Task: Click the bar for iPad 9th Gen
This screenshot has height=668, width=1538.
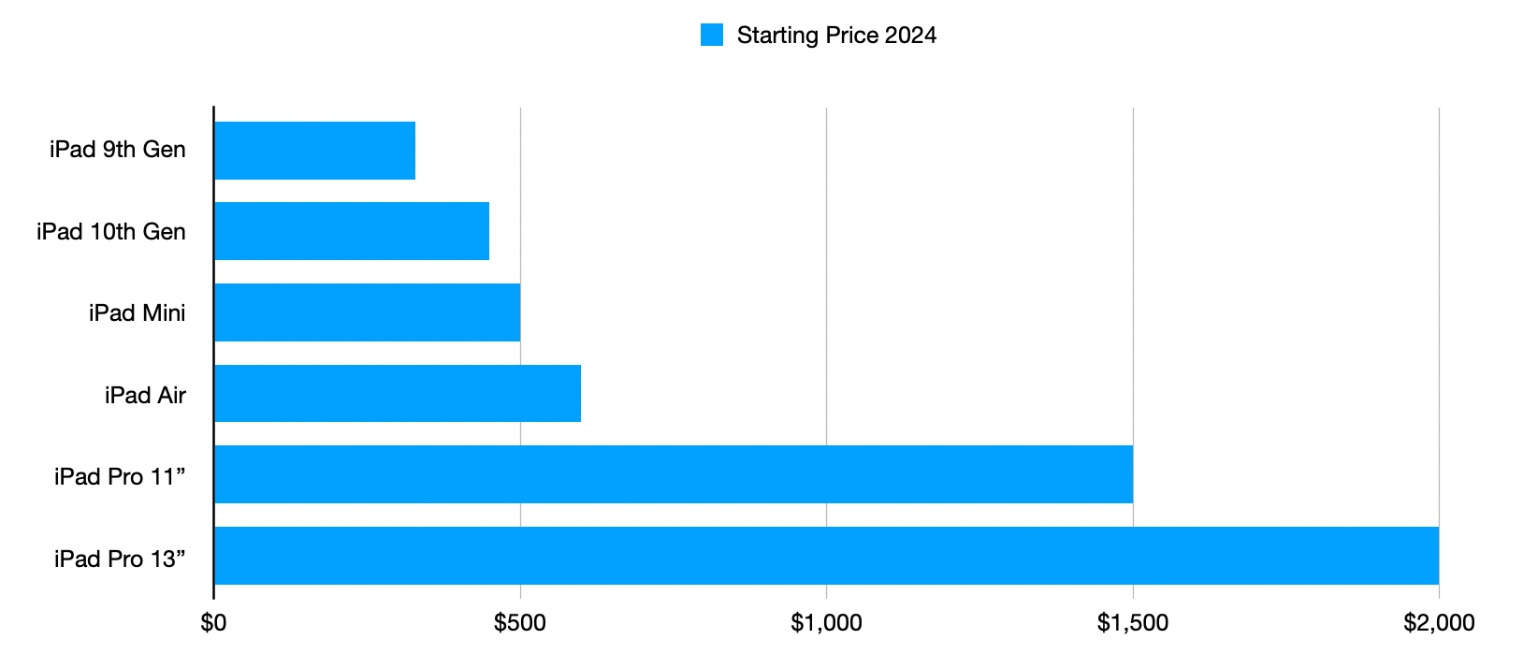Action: [315, 151]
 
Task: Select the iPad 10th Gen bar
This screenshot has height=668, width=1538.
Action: [353, 231]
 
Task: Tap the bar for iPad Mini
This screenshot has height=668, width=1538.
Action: [368, 312]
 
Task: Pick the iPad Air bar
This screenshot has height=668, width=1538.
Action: [398, 393]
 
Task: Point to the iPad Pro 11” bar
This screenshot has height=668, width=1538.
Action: [674, 474]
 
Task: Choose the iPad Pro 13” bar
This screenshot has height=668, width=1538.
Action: [827, 556]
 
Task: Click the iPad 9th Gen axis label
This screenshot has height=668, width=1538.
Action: [118, 150]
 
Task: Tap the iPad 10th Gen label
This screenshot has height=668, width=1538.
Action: [111, 232]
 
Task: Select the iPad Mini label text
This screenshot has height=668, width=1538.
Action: [138, 313]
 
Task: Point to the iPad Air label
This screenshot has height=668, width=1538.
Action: [146, 396]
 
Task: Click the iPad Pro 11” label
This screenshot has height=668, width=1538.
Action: [120, 476]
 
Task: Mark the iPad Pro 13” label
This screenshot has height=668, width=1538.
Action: [120, 559]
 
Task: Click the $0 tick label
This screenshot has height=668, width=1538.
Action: [213, 623]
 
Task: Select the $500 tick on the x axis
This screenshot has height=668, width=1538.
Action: [520, 623]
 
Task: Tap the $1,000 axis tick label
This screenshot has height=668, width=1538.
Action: [826, 623]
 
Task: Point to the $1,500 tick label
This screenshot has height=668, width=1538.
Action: [1132, 623]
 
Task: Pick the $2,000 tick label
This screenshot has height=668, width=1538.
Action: [1439, 623]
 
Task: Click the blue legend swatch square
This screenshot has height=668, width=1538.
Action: [712, 35]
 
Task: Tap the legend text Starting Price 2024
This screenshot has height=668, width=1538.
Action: [837, 36]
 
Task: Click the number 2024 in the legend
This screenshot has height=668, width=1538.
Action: [910, 35]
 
